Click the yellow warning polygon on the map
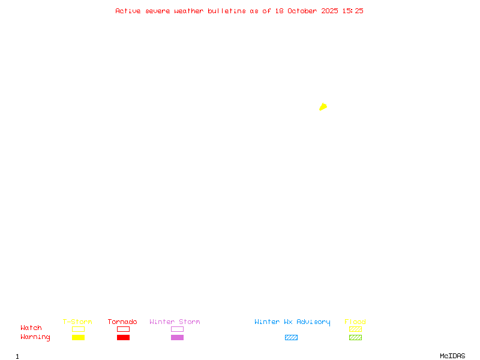(323, 107)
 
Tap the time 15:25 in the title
(353, 11)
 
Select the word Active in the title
(128, 11)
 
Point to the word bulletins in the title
(227, 11)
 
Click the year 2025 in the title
(329, 11)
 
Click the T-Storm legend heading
(77, 322)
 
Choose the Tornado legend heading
(122, 322)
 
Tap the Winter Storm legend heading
(175, 322)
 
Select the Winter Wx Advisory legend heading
(292, 322)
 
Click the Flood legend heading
(355, 322)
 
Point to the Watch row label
(31, 328)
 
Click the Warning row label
(35, 337)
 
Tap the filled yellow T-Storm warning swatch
(78, 338)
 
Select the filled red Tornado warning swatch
(123, 338)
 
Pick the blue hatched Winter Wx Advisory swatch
(291, 338)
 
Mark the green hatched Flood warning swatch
(355, 338)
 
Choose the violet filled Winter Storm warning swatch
(177, 338)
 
